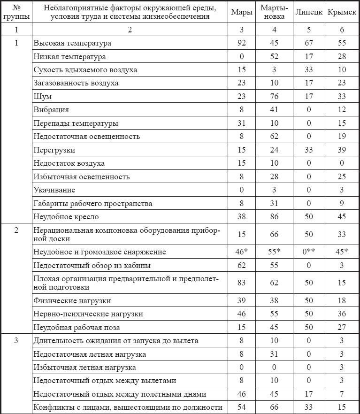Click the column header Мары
coord(242,13)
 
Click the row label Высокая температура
coord(72,43)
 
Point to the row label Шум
coord(42,97)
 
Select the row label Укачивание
coord(54,190)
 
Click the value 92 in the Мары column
coord(242,43)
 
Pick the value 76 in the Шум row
coord(274,97)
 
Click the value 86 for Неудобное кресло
coord(274,217)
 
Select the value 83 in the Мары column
coord(242,283)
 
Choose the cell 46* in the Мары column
coord(242,252)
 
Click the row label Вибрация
coord(51,110)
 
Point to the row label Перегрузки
coord(54,150)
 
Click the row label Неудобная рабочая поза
coord(77,327)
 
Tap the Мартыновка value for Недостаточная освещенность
coord(274,137)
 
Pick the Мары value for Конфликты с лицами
coord(242,407)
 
